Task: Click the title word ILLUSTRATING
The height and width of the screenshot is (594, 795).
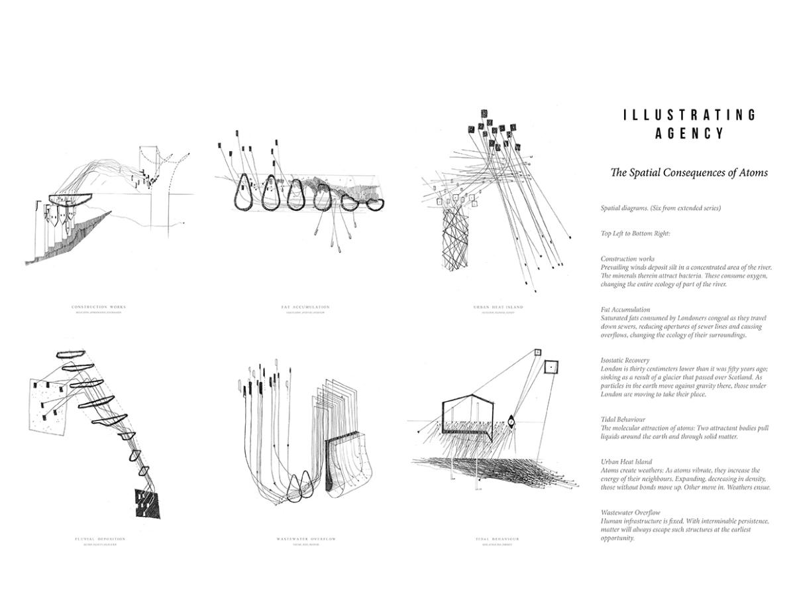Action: point(690,115)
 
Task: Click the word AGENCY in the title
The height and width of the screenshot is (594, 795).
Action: point(690,133)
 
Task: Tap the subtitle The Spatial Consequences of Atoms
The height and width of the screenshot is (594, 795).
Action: point(689,172)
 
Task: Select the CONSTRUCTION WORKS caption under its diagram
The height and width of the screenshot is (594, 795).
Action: point(99,307)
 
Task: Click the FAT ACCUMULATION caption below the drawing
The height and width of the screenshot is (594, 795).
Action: point(305,307)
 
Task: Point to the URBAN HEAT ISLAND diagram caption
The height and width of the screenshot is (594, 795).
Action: point(498,307)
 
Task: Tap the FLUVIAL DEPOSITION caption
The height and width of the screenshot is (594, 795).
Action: point(100,539)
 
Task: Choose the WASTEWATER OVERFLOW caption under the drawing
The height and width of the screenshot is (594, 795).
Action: point(306,539)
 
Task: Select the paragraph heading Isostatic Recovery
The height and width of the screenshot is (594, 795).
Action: point(625,361)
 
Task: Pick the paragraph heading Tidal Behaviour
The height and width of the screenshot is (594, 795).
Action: point(623,420)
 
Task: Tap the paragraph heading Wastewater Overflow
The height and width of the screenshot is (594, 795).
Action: point(631,512)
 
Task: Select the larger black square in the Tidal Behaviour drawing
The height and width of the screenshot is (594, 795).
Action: point(551,367)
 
